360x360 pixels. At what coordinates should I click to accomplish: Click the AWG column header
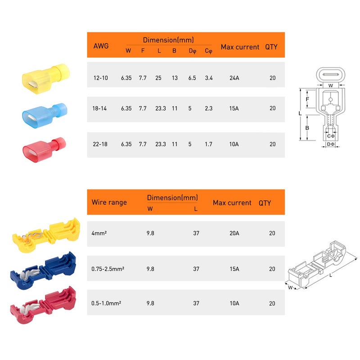click(x=101, y=46)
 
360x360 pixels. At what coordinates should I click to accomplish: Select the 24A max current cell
click(x=234, y=78)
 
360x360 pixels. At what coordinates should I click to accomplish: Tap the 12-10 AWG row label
click(x=101, y=78)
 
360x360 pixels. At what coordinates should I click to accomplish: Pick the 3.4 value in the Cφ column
click(x=208, y=78)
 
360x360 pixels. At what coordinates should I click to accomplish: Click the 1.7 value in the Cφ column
click(x=208, y=144)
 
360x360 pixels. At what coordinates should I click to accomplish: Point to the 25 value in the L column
click(x=159, y=78)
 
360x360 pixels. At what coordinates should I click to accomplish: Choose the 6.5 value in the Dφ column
click(x=192, y=78)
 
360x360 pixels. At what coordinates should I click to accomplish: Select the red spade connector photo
click(x=44, y=146)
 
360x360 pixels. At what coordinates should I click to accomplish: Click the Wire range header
click(x=109, y=202)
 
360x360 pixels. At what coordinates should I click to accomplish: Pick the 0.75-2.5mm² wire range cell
click(x=108, y=269)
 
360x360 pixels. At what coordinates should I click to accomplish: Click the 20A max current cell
click(x=234, y=234)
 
